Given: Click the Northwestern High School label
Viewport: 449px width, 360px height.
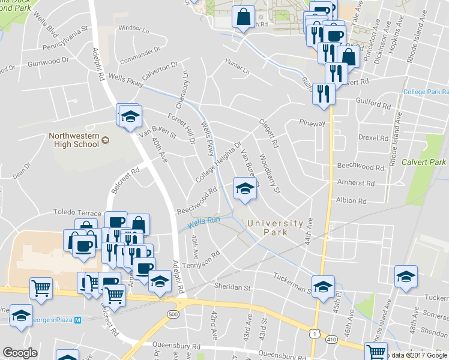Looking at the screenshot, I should click(73, 140).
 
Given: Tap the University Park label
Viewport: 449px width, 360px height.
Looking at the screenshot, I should click(276, 227).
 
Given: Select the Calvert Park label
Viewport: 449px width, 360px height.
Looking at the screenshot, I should click(424, 162).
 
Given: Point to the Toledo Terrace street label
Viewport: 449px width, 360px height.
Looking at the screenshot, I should click(77, 213).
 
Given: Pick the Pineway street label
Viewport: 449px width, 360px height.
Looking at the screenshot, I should click(312, 122).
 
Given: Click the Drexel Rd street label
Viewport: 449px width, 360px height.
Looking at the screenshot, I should click(373, 137).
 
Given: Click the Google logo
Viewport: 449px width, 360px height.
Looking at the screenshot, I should click(20, 353).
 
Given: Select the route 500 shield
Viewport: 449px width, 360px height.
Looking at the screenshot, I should click(174, 314).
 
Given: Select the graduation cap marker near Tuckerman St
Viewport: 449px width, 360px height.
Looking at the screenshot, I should click(322, 286).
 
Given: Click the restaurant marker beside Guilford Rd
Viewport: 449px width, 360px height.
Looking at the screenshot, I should click(324, 94).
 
